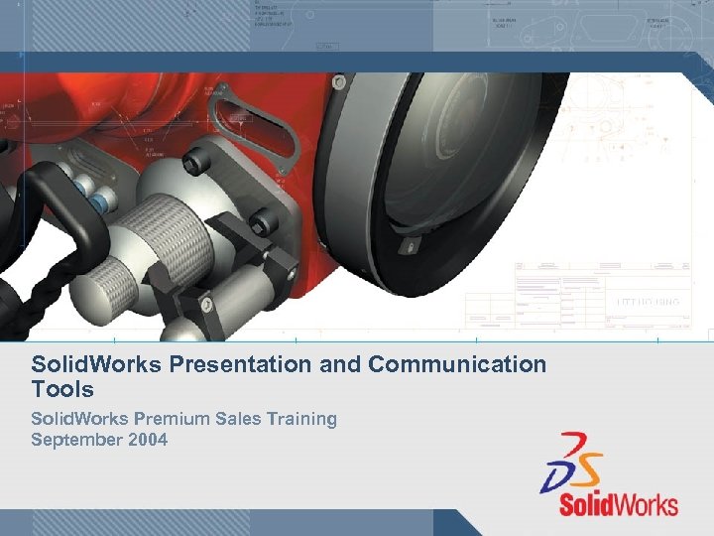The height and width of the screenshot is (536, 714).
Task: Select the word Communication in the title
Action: click(457, 364)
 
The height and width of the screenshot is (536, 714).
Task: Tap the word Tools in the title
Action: click(61, 389)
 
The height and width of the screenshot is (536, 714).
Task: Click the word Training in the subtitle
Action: click(297, 419)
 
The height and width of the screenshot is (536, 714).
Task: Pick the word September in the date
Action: click(76, 439)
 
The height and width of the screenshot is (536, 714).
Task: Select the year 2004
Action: click(147, 439)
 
